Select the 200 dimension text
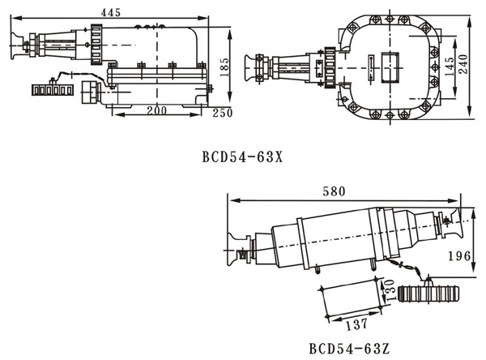point(157,109)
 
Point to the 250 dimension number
point(222,114)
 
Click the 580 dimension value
point(333,191)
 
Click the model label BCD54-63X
point(242,156)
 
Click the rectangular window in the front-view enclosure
point(392,62)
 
